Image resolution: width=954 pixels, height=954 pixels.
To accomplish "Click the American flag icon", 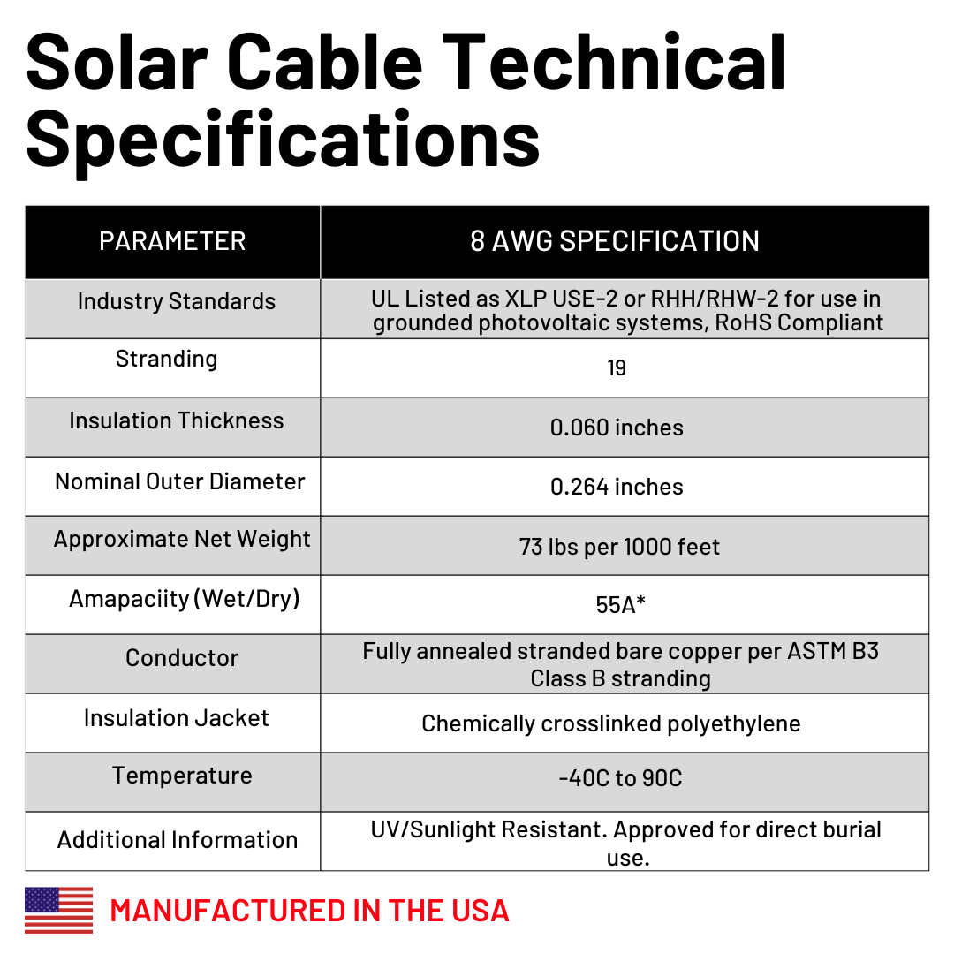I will tap(58, 910).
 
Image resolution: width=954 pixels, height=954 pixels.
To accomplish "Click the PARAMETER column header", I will tap(172, 241).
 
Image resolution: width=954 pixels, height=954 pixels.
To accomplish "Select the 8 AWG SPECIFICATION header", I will tap(615, 241).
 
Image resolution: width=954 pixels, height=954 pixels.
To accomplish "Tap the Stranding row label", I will tap(166, 359).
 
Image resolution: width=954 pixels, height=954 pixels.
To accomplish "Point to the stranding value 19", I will tap(617, 368).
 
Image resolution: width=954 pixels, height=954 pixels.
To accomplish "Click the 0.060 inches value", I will tap(617, 428).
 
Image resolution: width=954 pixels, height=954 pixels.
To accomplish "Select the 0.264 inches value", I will tap(617, 487).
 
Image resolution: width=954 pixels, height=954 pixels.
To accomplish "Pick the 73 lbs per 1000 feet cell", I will tap(619, 547).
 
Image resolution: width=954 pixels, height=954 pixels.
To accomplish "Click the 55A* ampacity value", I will tap(621, 605).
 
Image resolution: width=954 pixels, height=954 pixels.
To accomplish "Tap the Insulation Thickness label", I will tap(177, 420).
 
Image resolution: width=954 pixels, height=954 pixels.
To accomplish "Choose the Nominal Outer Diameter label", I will tap(179, 481).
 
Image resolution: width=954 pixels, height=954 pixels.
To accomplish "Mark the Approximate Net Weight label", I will tap(182, 539).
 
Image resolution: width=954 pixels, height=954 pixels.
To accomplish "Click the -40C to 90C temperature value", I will tap(620, 778).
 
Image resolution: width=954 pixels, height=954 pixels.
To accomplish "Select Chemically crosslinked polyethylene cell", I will tap(610, 723).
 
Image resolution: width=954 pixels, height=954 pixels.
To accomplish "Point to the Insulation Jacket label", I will tap(177, 718).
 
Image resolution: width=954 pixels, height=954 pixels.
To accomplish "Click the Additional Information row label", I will tap(178, 839).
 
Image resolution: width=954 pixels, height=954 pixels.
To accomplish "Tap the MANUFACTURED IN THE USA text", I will tap(309, 911).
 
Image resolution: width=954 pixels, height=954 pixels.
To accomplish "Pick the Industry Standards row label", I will tap(177, 301).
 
